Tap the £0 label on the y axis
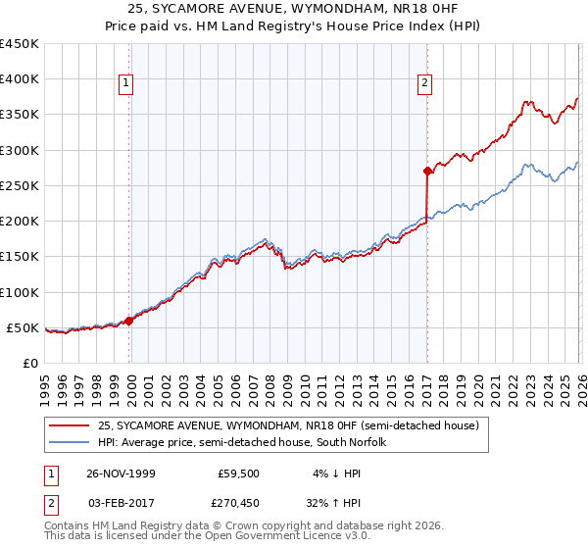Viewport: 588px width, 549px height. (30, 363)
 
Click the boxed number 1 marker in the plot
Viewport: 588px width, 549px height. (127, 84)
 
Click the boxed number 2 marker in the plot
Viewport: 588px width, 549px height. (425, 84)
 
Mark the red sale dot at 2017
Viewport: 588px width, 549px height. (427, 171)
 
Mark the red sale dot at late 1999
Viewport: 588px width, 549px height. (129, 321)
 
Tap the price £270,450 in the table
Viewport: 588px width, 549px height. (238, 502)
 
